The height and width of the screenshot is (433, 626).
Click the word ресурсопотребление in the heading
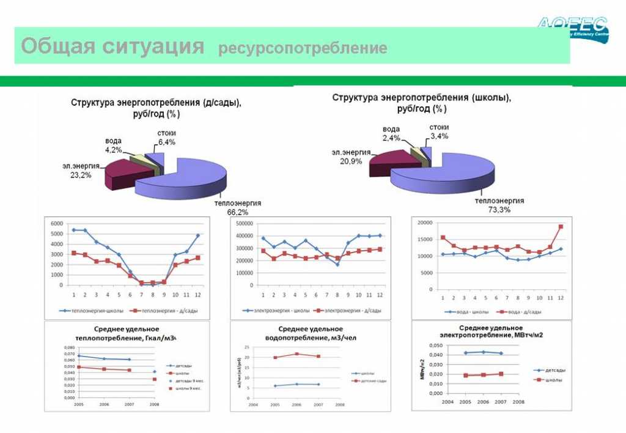[x=303, y=48]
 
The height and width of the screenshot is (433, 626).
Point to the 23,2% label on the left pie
[x=81, y=174]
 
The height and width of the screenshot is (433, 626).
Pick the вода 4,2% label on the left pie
[x=113, y=145]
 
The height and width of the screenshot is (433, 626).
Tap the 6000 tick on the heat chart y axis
[x=57, y=223]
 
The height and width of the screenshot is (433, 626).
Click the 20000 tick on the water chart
[x=424, y=223]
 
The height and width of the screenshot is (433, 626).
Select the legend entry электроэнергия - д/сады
[x=348, y=311]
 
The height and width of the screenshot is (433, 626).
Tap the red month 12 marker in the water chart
[x=560, y=227]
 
